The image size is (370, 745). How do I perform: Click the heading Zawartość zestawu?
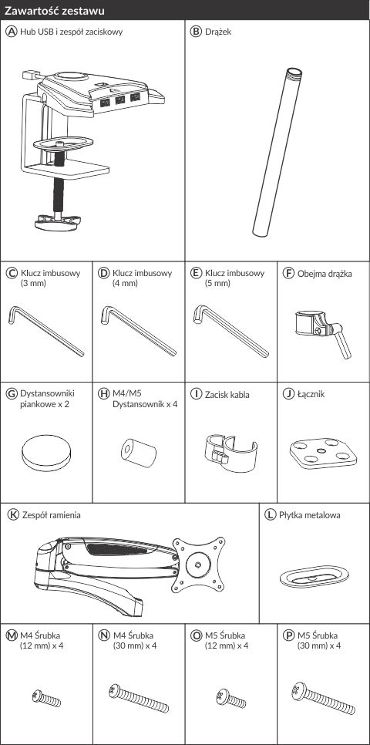coord(55,10)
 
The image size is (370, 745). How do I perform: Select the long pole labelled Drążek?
coord(277,152)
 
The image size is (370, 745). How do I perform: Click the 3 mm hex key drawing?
coord(46,331)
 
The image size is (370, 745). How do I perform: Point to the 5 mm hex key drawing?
coord(230,331)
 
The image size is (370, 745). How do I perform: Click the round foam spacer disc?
coord(46,453)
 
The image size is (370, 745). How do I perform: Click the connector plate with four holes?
coord(323,453)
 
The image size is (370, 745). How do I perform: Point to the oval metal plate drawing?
coord(314,576)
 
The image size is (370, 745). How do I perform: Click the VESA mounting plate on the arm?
coord(199,565)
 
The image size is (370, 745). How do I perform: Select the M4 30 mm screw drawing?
coord(138,699)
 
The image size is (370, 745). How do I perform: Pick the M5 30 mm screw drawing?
coord(323,699)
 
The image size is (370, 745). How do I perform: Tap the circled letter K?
coord(14,515)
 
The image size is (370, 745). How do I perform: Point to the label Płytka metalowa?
coord(310,515)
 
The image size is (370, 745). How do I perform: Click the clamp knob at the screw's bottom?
coord(59,222)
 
